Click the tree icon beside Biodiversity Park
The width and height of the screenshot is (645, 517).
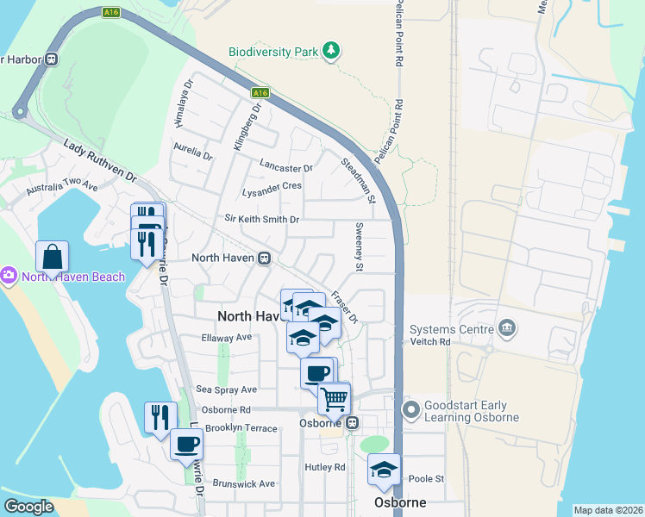tap(330, 52)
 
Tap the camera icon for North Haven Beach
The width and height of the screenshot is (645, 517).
tap(9, 277)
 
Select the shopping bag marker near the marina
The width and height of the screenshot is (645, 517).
tap(53, 256)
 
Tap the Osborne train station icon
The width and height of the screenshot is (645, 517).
tap(352, 423)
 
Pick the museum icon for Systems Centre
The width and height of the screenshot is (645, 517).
tap(506, 328)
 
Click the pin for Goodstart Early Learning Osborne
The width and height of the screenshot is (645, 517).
tap(411, 410)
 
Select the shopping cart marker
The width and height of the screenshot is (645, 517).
tap(334, 399)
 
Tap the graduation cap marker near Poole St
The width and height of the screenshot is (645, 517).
tap(385, 470)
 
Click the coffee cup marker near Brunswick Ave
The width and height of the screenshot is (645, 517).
tap(186, 445)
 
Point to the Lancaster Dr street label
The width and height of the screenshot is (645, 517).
tap(285, 164)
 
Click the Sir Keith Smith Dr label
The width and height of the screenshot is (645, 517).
tap(261, 220)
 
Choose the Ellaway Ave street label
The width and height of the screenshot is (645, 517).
tap(225, 337)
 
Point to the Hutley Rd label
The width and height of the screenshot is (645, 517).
tap(324, 467)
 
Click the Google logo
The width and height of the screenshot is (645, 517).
tap(28, 507)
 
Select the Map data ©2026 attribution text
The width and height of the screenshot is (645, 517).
tap(607, 510)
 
